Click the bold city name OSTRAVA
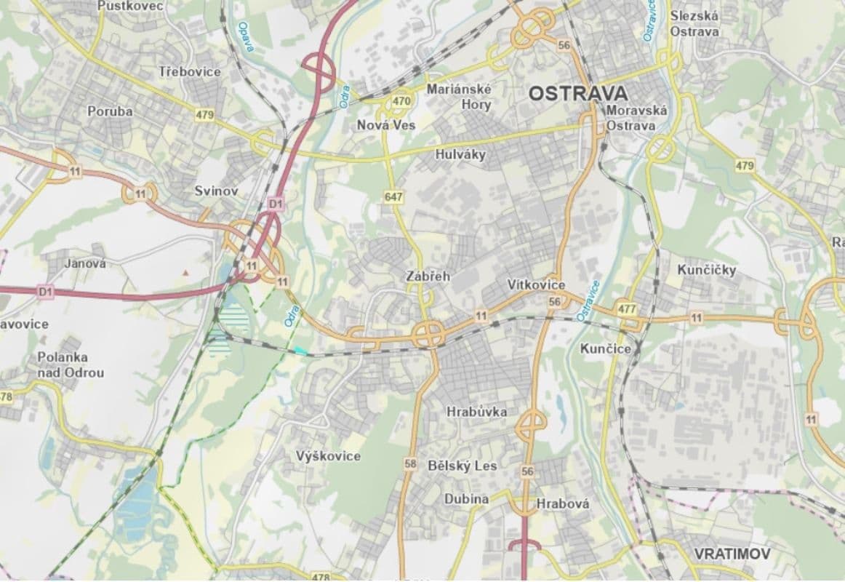pos(577,93)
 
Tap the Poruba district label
pos(110,111)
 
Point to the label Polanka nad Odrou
pos(71,365)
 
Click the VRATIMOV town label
pos(732,554)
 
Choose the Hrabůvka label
pos(476,412)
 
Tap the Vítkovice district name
pos(536,284)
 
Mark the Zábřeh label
pos(428,276)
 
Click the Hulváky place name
pos(460,154)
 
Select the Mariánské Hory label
pos(459,97)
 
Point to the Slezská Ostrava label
pos(694,23)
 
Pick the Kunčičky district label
pos(706,271)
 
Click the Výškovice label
pos(328,456)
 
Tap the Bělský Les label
pos(462,466)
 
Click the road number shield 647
pos(394,197)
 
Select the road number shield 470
pos(401,101)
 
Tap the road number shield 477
pos(627,308)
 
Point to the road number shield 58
pos(410,463)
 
